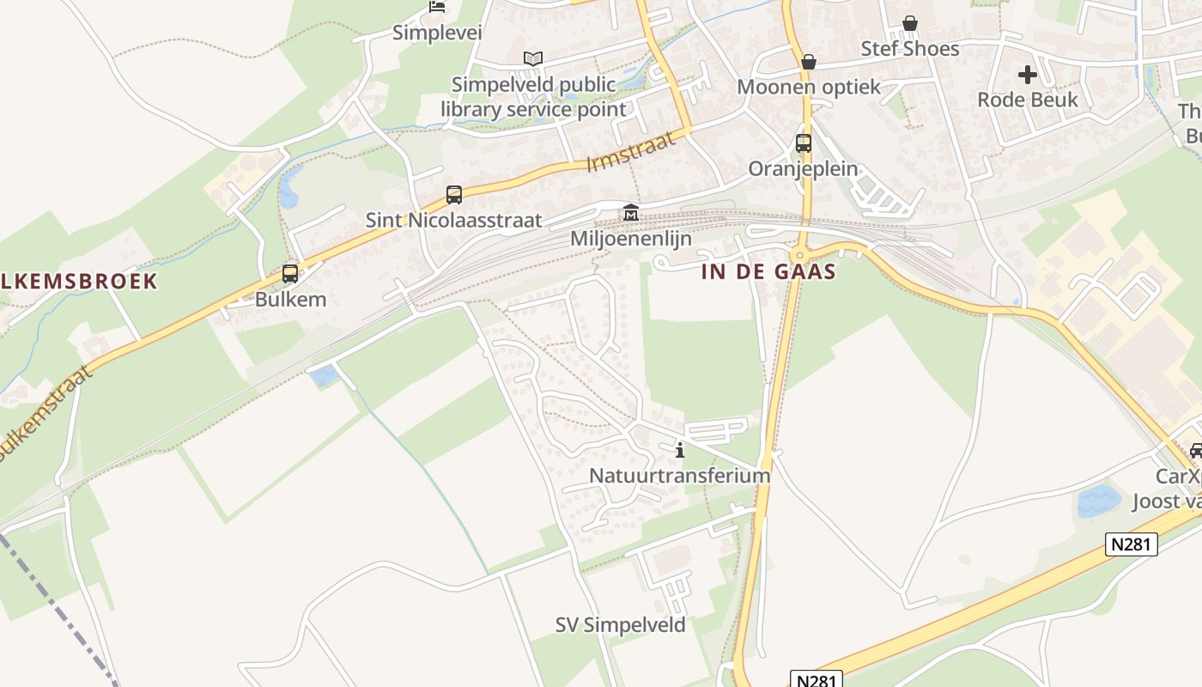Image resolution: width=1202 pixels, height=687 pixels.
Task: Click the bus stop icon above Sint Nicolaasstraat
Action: point(454,195)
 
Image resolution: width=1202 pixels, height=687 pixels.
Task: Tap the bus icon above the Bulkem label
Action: point(290,274)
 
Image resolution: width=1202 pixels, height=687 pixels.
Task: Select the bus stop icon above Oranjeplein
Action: point(804,143)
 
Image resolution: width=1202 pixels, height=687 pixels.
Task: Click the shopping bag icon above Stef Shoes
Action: point(910,23)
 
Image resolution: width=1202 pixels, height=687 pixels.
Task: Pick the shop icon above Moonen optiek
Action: point(808,62)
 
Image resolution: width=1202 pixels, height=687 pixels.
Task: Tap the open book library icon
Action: point(533,59)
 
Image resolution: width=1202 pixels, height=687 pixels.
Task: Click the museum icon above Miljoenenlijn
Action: point(631,212)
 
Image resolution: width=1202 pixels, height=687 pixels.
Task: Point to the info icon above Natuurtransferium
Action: point(680,449)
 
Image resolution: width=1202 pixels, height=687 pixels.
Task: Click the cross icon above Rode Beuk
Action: point(1028,75)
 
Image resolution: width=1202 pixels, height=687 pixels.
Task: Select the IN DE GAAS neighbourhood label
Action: point(769,272)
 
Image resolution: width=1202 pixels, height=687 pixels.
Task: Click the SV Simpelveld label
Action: point(621,625)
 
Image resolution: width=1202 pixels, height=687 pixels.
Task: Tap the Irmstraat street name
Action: point(631,151)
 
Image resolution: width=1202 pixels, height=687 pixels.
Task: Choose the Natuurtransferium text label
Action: point(679,475)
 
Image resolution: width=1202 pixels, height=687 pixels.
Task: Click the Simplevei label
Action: point(437,33)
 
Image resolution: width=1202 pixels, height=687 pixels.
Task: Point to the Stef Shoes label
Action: point(910,48)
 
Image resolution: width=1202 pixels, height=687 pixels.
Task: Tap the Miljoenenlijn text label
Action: point(631,239)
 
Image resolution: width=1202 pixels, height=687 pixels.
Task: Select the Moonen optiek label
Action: point(810,87)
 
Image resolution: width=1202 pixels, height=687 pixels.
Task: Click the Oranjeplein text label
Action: point(803,168)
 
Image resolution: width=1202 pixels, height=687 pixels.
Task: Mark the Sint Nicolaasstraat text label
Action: point(454,220)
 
